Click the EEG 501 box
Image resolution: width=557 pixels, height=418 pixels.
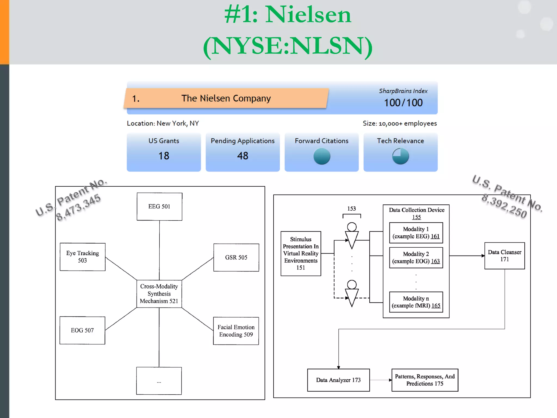pyautogui.click(x=159, y=207)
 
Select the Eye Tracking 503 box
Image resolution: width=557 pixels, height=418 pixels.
pyautogui.click(x=82, y=257)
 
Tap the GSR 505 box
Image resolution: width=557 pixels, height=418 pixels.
pyautogui.click(x=236, y=257)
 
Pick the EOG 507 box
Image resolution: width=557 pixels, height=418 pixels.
pyautogui.click(x=82, y=330)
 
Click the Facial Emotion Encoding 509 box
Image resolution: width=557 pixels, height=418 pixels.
pyautogui.click(x=236, y=331)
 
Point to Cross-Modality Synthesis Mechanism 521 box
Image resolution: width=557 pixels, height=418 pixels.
pyautogui.click(x=159, y=294)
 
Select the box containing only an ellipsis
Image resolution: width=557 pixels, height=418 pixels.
pyautogui.click(x=159, y=381)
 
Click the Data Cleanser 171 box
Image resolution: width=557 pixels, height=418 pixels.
pyautogui.click(x=505, y=256)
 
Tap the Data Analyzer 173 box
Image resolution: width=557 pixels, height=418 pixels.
pyautogui.click(x=338, y=380)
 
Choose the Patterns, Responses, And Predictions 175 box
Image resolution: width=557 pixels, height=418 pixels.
pyautogui.click(x=425, y=380)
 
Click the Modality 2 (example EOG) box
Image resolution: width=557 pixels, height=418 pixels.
pyautogui.click(x=416, y=257)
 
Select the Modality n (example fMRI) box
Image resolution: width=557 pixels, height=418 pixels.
pyautogui.click(x=416, y=302)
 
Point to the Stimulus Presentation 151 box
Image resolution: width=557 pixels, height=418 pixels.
pyautogui.click(x=301, y=253)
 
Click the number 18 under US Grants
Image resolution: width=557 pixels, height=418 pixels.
pyautogui.click(x=164, y=156)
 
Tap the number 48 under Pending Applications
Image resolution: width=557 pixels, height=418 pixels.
pyautogui.click(x=243, y=156)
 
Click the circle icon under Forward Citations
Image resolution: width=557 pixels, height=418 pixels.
pyautogui.click(x=322, y=156)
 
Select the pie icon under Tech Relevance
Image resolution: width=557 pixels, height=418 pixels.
pyautogui.click(x=400, y=156)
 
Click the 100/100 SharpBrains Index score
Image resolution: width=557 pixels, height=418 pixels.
pyautogui.click(x=403, y=103)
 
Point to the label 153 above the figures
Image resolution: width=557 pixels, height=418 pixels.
pyautogui.click(x=351, y=209)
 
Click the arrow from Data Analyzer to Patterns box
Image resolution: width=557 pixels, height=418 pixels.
pyautogui.click(x=380, y=380)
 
